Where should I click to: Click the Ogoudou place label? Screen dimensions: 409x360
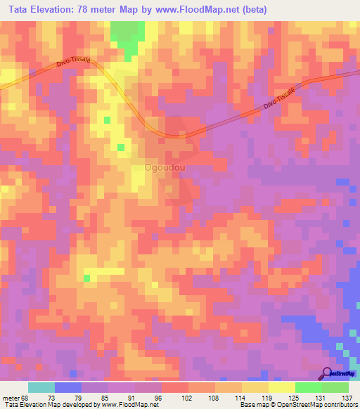[x=165, y=169]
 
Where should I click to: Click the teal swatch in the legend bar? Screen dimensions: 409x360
[x=41, y=387]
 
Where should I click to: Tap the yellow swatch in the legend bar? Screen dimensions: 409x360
[x=281, y=387]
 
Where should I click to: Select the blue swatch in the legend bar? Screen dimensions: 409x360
[x=68, y=387]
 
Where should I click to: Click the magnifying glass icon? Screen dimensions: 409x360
[x=327, y=373]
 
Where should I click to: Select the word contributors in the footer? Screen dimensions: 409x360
[x=340, y=405]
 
